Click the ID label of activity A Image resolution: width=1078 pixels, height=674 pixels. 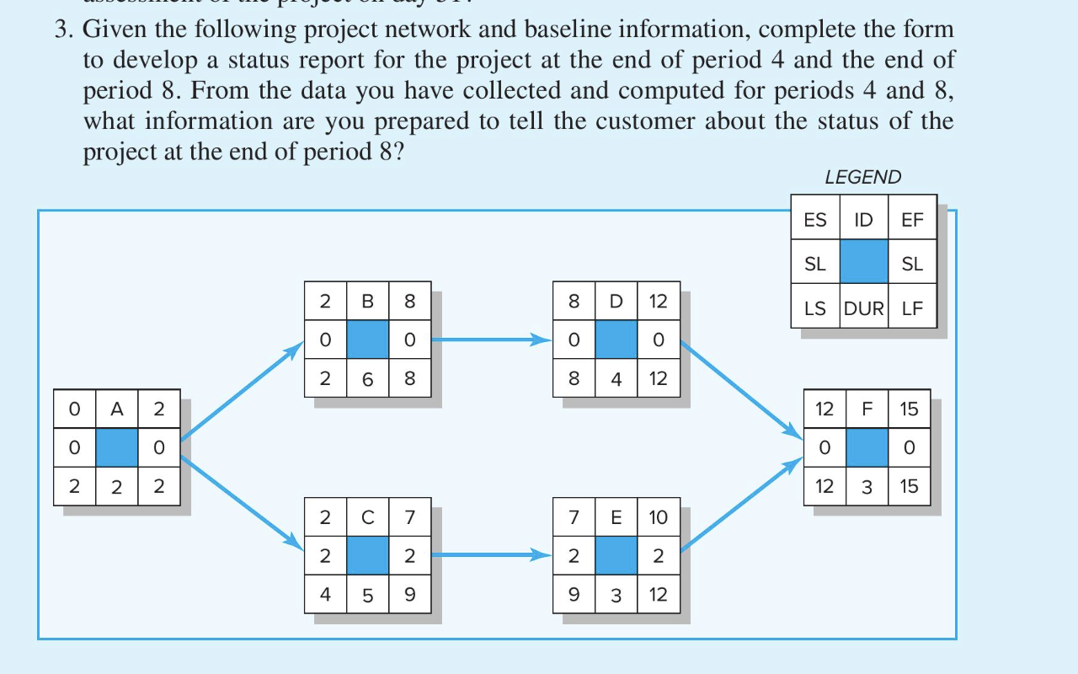tap(117, 409)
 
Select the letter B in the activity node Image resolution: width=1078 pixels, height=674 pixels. tap(367, 302)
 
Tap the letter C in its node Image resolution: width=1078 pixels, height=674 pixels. tap(367, 517)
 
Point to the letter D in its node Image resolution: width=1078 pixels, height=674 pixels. tap(616, 302)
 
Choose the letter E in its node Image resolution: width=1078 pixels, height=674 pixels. tap(616, 517)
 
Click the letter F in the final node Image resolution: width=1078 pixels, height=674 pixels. tap(867, 409)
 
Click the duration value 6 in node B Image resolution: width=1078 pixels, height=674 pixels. tap(367, 379)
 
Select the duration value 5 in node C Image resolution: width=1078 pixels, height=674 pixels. tap(367, 595)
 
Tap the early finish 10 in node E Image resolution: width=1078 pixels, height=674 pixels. tap(658, 517)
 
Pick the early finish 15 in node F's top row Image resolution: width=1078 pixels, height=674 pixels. tap(909, 409)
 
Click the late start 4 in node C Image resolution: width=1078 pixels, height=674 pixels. tap(325, 595)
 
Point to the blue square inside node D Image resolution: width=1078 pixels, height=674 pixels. tap(616, 340)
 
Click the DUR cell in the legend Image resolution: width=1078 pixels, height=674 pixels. tap(864, 308)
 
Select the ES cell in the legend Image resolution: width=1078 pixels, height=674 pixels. tap(815, 220)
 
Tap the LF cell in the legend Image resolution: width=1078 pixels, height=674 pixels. tap(913, 308)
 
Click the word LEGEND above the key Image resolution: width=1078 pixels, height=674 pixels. tap(862, 177)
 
